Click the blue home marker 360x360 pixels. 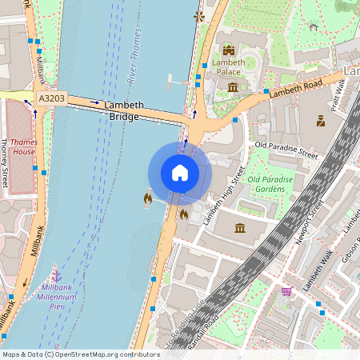point(180,173)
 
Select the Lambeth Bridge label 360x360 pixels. point(124,110)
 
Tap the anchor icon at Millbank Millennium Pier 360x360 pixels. point(56,275)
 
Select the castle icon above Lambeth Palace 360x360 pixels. point(228,50)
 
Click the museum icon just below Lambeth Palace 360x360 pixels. point(232,86)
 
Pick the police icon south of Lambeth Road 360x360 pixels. point(320,122)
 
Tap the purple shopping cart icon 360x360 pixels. point(286,291)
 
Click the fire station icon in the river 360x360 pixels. point(147,197)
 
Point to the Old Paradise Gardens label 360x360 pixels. point(270,185)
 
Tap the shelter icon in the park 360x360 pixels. point(313,26)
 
